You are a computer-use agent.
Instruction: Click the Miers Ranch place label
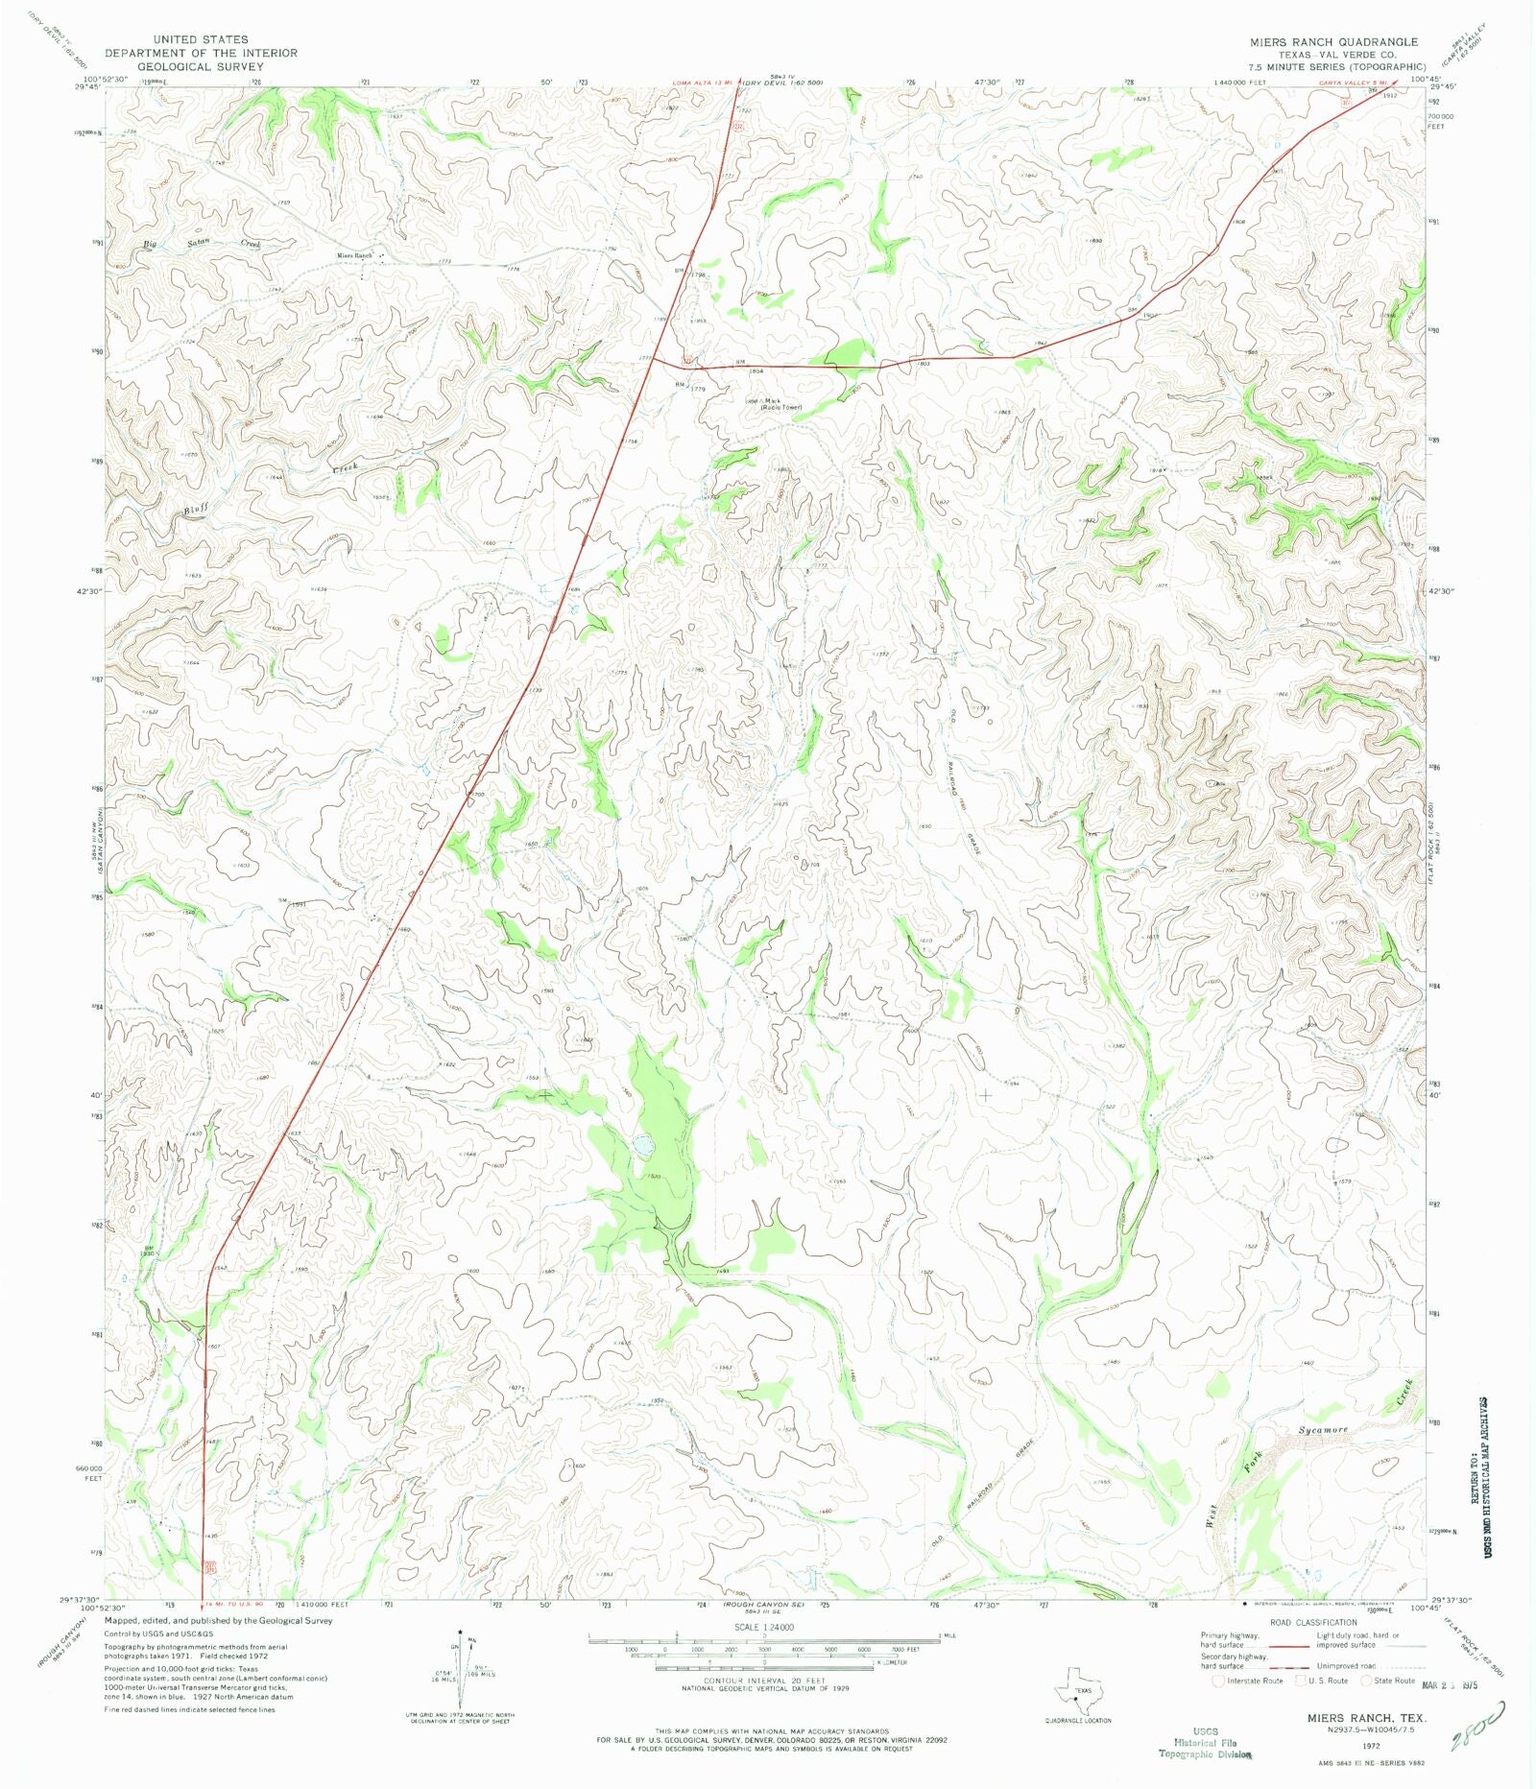click(x=353, y=255)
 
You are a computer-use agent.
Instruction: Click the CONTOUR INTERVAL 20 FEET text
click(x=763, y=1682)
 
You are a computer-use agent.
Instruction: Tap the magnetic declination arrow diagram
click(x=461, y=1670)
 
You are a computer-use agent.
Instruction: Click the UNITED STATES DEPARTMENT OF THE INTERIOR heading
click(x=201, y=53)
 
